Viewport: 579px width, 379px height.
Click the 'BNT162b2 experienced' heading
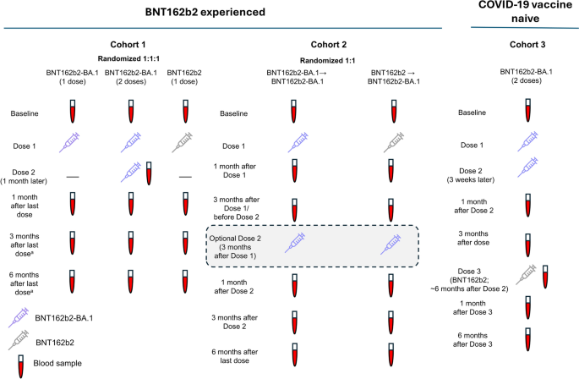click(x=205, y=12)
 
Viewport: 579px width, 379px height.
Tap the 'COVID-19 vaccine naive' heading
click(x=525, y=12)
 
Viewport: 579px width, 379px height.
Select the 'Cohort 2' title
click(x=329, y=45)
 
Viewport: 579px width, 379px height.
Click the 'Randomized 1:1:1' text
click(x=128, y=58)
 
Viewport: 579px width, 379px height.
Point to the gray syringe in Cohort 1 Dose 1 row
click(x=183, y=142)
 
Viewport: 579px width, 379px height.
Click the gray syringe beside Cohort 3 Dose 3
click(x=526, y=274)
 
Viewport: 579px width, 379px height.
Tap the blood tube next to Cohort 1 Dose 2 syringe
click(x=149, y=173)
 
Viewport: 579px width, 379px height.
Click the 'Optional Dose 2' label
click(x=235, y=239)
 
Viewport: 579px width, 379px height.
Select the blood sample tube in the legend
click(x=21, y=366)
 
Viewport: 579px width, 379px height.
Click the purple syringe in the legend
click(x=19, y=317)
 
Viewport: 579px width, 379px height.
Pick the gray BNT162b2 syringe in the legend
click(x=19, y=340)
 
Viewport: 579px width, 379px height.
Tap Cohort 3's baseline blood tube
click(x=528, y=110)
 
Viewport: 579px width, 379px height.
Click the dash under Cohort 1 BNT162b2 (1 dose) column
click(x=185, y=177)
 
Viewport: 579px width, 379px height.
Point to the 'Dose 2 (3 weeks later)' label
click(x=471, y=175)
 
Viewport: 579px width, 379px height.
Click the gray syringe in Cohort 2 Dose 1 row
click(x=394, y=142)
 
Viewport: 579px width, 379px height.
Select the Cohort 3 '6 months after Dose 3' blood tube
click(x=528, y=339)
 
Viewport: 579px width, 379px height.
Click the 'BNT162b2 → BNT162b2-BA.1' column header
click(x=394, y=77)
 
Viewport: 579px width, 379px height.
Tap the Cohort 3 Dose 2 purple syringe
click(x=527, y=167)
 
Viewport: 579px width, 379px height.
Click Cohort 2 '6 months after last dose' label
click(x=235, y=356)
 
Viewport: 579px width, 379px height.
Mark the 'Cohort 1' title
click(x=128, y=45)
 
